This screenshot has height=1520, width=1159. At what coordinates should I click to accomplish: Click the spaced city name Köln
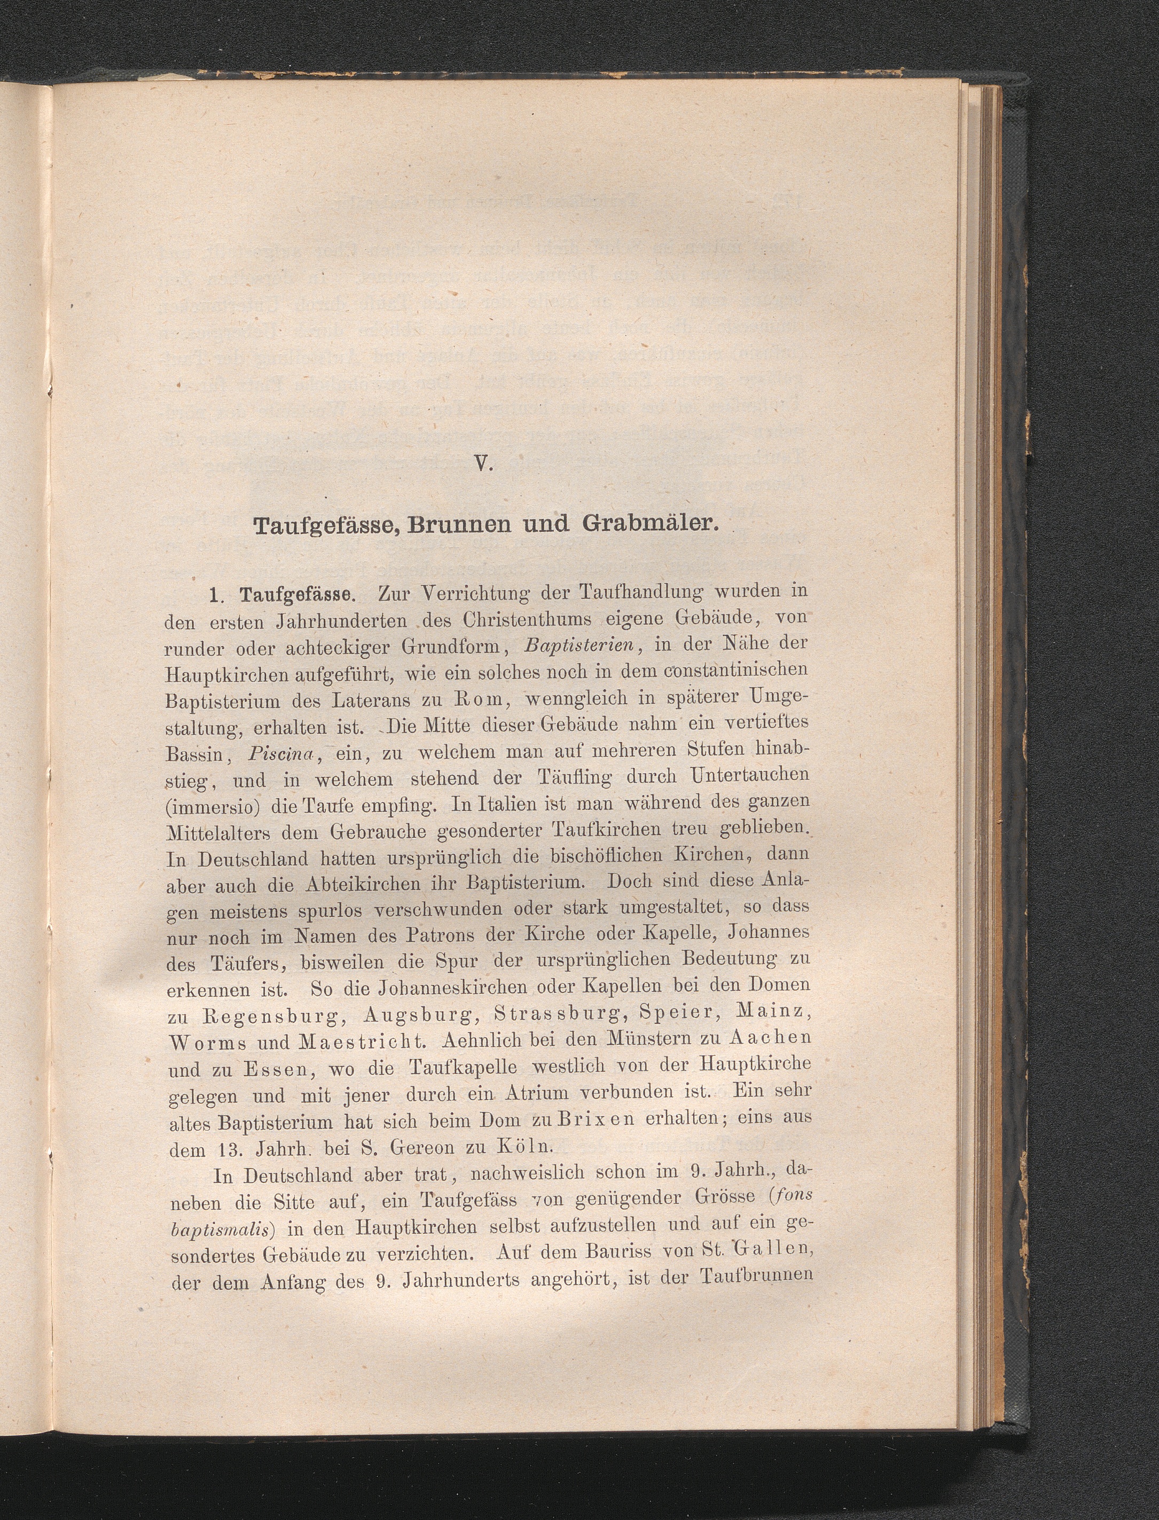click(x=526, y=1147)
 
